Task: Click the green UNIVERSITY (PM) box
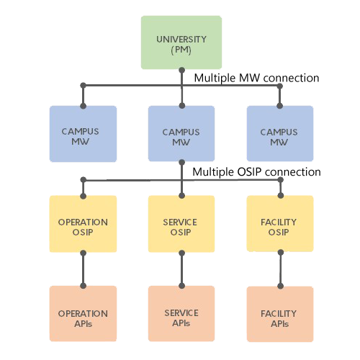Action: [181, 42]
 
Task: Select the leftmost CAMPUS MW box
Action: [83, 134]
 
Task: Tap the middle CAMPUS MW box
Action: [181, 133]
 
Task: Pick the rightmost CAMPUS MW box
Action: [280, 133]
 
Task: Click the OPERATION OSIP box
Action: [83, 224]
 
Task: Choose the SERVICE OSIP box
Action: [181, 224]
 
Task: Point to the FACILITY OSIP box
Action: [280, 224]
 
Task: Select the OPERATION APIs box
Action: [83, 314]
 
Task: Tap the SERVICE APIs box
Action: [181, 314]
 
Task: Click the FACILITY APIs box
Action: [280, 314]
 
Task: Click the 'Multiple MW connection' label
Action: [256, 78]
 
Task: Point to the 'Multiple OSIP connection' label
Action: [256, 172]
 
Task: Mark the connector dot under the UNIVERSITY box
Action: [182, 71]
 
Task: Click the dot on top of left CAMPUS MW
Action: [83, 106]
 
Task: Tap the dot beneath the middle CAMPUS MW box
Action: [182, 163]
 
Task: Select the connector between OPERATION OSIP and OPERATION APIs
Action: [83, 269]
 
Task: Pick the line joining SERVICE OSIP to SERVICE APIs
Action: [182, 269]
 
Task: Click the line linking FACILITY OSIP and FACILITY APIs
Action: [281, 269]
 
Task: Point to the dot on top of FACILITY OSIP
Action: [281, 195]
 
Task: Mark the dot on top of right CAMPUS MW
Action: [279, 106]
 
